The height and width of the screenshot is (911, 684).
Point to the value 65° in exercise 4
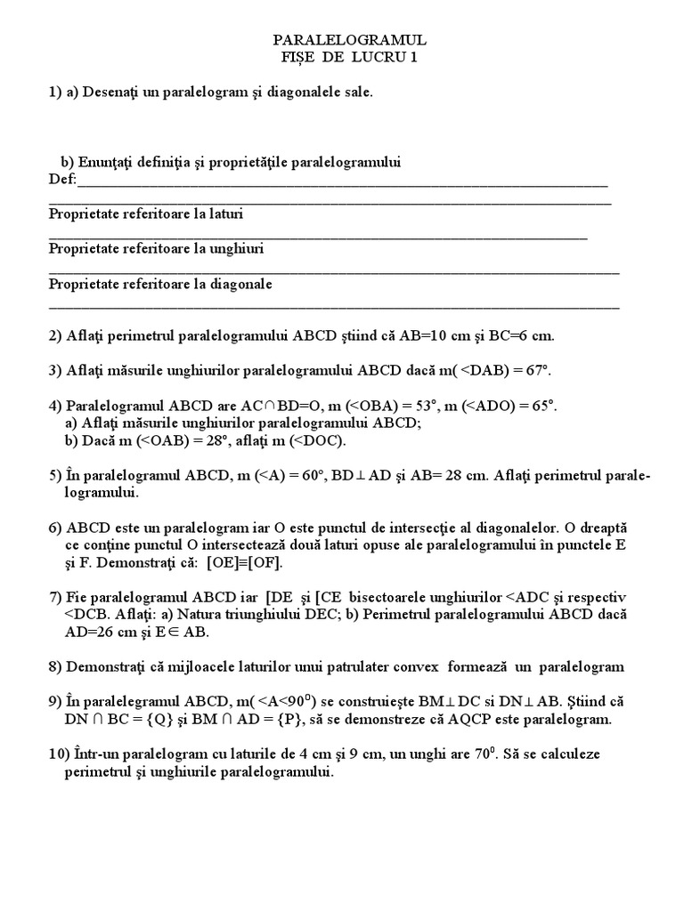coord(541,405)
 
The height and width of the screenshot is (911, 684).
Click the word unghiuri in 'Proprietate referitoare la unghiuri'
coord(236,249)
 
